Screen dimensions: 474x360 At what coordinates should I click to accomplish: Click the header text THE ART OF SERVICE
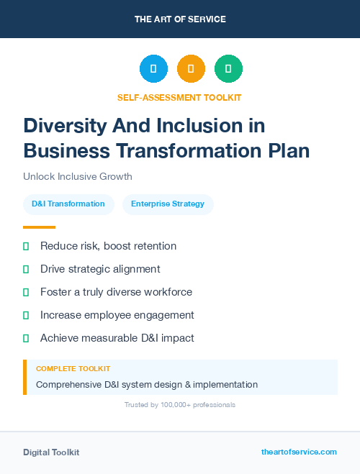[x=180, y=19]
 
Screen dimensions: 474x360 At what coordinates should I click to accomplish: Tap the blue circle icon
[x=153, y=69]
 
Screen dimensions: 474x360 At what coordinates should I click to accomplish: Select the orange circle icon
[x=191, y=69]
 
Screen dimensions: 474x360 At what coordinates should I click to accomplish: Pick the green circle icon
[x=228, y=69]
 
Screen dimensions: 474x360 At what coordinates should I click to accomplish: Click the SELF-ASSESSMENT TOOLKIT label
[x=179, y=97]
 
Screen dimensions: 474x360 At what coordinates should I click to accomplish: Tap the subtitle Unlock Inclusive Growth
[x=77, y=176]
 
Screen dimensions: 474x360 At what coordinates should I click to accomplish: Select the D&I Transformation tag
[x=68, y=204]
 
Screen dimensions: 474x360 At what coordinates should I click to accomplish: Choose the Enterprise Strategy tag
[x=168, y=204]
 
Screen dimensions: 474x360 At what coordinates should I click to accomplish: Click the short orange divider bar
[x=39, y=227]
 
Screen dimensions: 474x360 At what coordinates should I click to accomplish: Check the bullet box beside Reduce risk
[x=26, y=247]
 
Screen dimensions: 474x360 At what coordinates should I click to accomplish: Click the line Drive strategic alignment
[x=100, y=269]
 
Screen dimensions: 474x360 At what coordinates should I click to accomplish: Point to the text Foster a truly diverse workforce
[x=116, y=292]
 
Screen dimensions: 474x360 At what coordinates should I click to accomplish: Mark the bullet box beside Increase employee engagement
[x=26, y=315]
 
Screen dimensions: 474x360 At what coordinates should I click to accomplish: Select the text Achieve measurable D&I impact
[x=117, y=338]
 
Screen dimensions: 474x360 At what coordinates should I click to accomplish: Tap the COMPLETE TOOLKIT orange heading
[x=73, y=369]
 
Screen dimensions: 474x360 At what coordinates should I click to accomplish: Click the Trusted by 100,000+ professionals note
[x=179, y=405]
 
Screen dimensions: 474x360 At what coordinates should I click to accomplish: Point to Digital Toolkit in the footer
[x=51, y=452]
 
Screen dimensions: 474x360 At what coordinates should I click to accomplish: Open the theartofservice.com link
[x=299, y=452]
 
